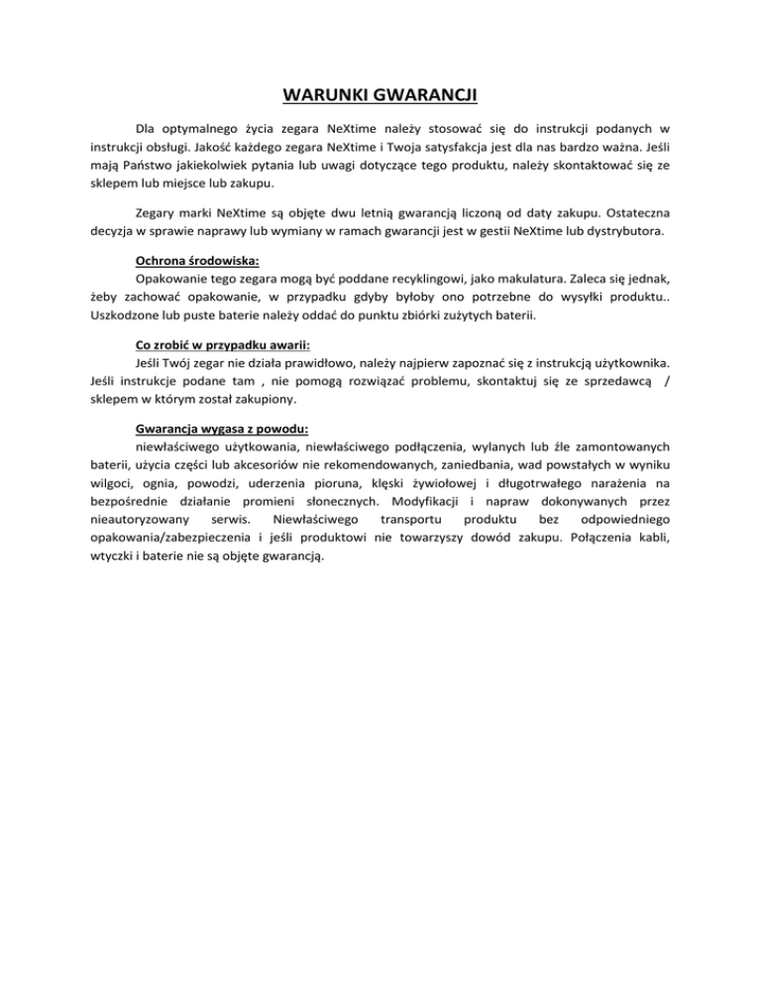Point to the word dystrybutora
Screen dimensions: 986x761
[633, 232]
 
